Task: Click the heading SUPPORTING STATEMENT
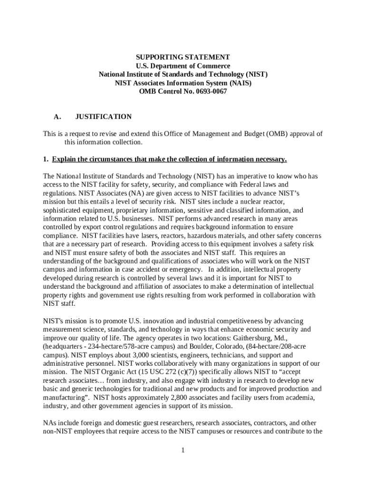[x=183, y=57]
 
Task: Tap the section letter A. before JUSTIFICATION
[x=58, y=117]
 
